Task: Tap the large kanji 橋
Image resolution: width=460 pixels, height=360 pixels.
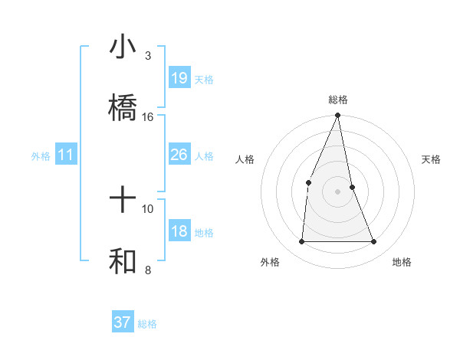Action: [123, 107]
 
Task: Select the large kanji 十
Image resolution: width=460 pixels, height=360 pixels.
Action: [123, 200]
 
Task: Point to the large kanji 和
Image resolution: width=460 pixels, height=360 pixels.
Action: [123, 261]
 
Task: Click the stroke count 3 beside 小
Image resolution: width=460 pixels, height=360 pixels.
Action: [148, 56]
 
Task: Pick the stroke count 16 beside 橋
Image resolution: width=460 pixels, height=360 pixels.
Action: [148, 117]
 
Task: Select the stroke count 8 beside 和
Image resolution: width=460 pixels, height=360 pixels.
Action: [148, 270]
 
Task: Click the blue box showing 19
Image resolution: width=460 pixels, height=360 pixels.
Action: [179, 78]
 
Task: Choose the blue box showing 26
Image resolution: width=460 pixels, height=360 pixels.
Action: [179, 155]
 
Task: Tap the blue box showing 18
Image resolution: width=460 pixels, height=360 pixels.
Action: [179, 231]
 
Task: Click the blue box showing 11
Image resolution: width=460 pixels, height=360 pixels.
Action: [66, 155]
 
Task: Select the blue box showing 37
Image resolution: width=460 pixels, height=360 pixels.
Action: [123, 322]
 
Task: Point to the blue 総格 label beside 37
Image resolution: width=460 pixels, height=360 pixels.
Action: [147, 324]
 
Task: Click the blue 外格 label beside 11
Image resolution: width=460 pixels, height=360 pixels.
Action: [41, 156]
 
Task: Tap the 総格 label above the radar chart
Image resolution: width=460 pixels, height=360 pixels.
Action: [338, 100]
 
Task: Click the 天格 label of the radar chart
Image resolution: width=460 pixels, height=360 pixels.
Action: [432, 159]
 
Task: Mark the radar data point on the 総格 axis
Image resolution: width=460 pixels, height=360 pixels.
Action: [338, 116]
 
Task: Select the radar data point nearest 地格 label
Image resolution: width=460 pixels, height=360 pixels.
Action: [374, 242]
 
